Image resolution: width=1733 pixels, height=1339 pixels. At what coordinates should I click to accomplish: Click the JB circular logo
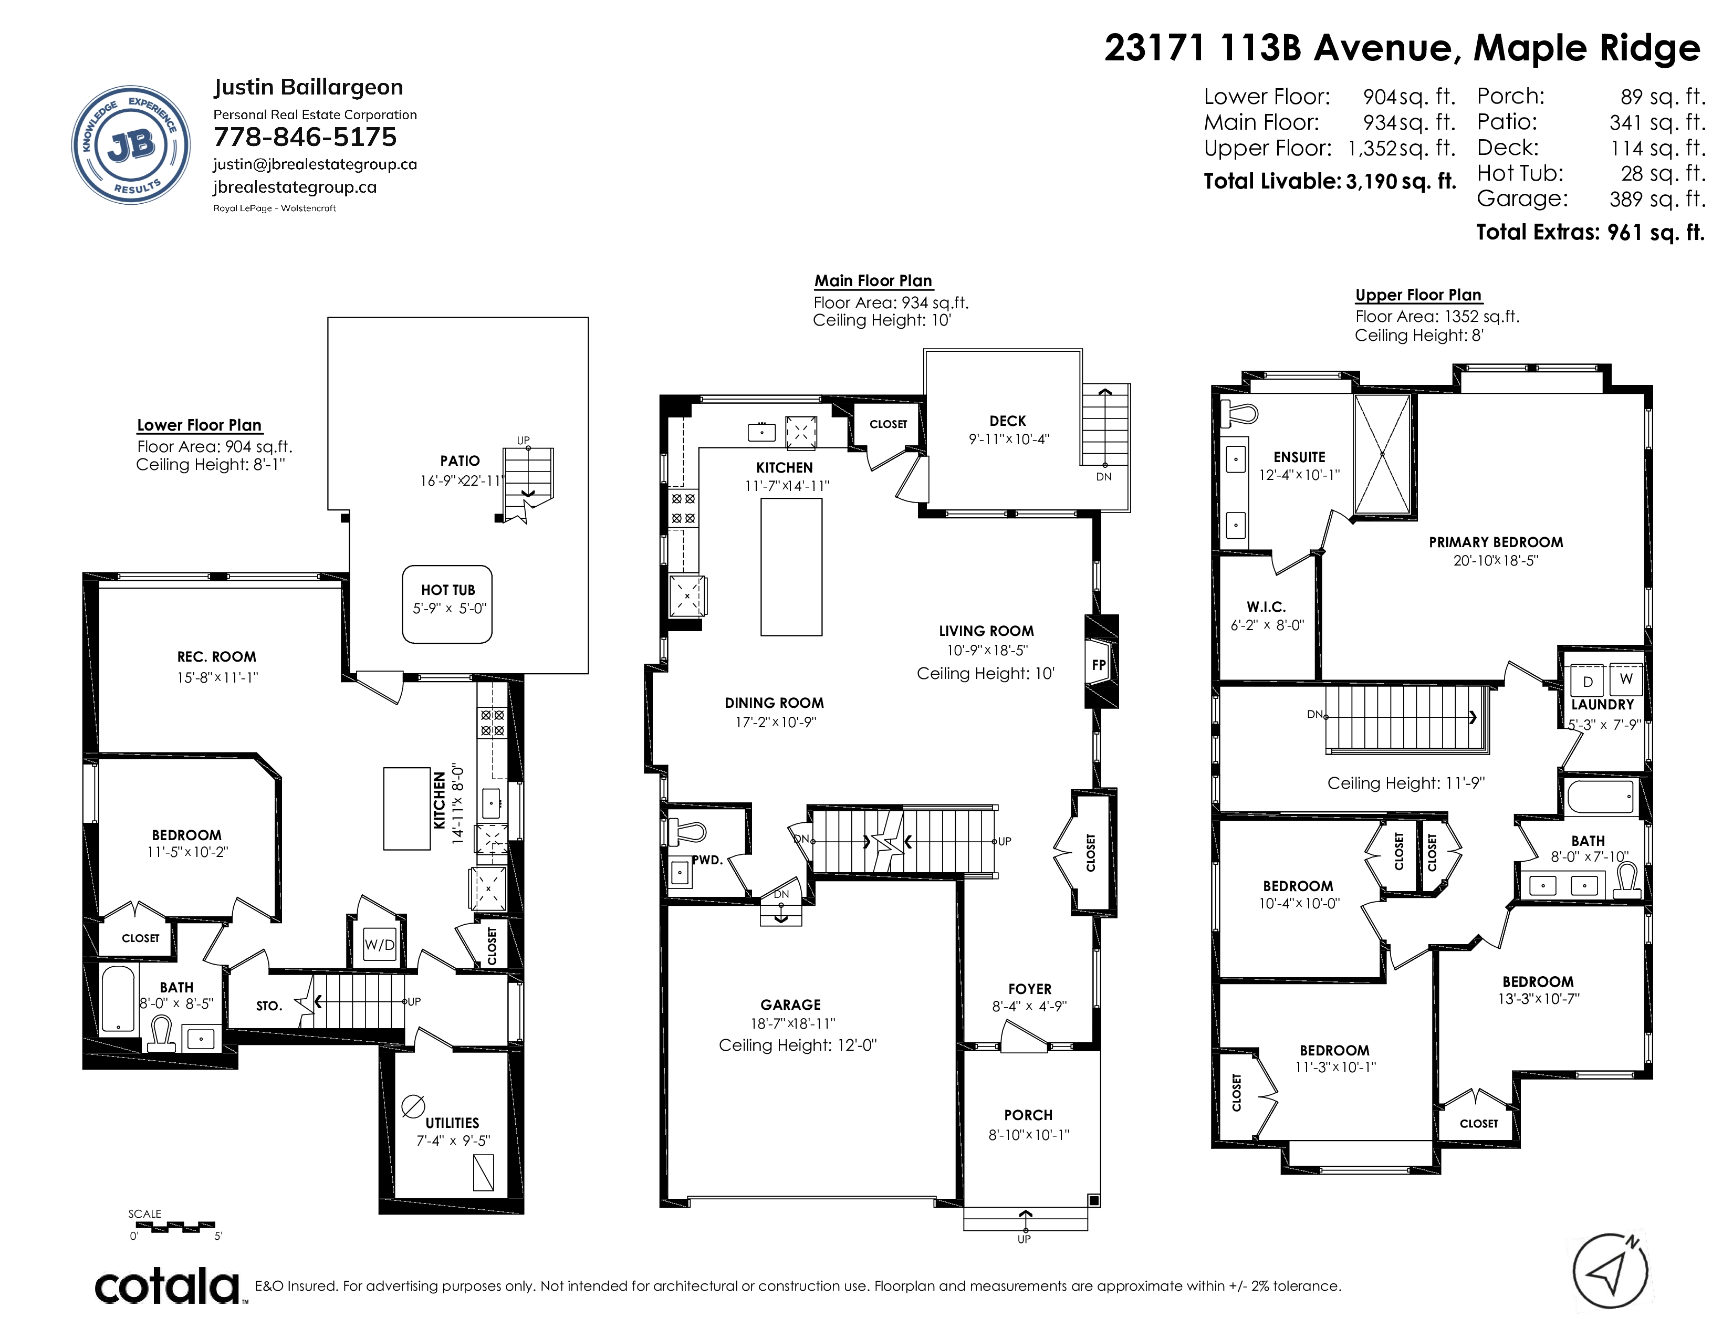tap(131, 145)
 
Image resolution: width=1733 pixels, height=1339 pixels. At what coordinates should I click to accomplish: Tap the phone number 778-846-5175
tap(305, 137)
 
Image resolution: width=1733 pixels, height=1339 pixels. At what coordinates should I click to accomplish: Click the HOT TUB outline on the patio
tap(447, 604)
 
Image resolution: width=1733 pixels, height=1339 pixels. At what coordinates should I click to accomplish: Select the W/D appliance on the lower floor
tap(379, 945)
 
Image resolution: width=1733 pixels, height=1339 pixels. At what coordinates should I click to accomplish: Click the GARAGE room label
tap(790, 1004)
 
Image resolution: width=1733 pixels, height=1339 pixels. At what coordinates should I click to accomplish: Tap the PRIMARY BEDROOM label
tap(1496, 542)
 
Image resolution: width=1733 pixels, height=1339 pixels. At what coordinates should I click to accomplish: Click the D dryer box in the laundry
tap(1588, 680)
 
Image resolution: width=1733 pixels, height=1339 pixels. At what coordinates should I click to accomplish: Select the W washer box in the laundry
tap(1626, 679)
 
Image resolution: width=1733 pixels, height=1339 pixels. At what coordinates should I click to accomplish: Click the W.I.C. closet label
tap(1266, 607)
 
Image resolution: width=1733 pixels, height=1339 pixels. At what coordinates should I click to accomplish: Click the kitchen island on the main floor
tap(791, 567)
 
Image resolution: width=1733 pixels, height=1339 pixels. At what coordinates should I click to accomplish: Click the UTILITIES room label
tap(452, 1123)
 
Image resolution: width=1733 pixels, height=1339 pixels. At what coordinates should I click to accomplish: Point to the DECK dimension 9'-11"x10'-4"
tap(1008, 438)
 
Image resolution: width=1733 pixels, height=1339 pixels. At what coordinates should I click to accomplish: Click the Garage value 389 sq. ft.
tap(1657, 199)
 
